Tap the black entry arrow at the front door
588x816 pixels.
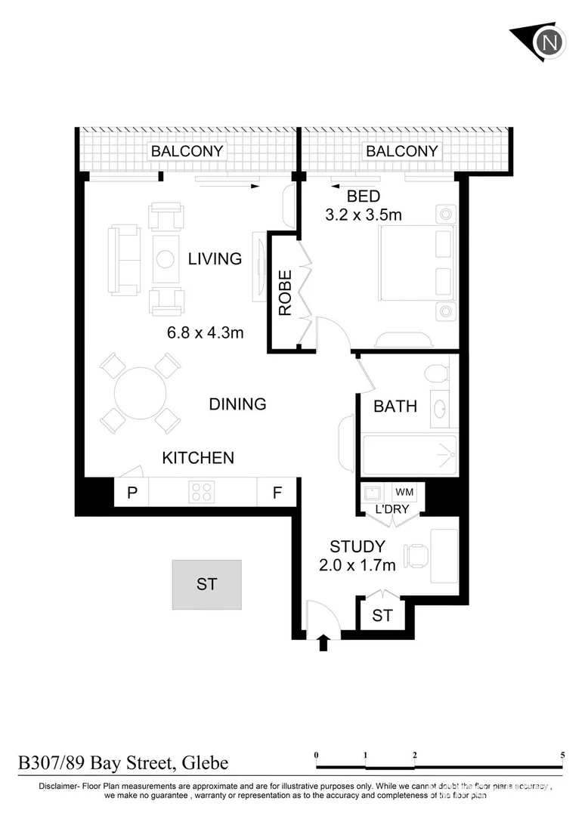click(323, 642)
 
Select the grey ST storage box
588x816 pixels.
click(206, 584)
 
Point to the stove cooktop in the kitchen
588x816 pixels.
click(202, 493)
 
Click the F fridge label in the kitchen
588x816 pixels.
click(277, 493)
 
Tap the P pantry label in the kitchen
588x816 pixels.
click(132, 493)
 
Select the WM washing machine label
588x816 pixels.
click(404, 493)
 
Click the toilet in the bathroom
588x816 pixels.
click(436, 374)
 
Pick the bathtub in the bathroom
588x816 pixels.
click(409, 455)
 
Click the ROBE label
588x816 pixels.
click(284, 292)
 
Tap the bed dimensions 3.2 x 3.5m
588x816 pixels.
click(363, 215)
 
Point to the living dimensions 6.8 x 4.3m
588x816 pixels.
click(206, 332)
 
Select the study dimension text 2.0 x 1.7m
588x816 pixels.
click(357, 564)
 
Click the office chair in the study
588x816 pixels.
click(416, 555)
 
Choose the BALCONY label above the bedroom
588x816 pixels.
click(401, 151)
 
